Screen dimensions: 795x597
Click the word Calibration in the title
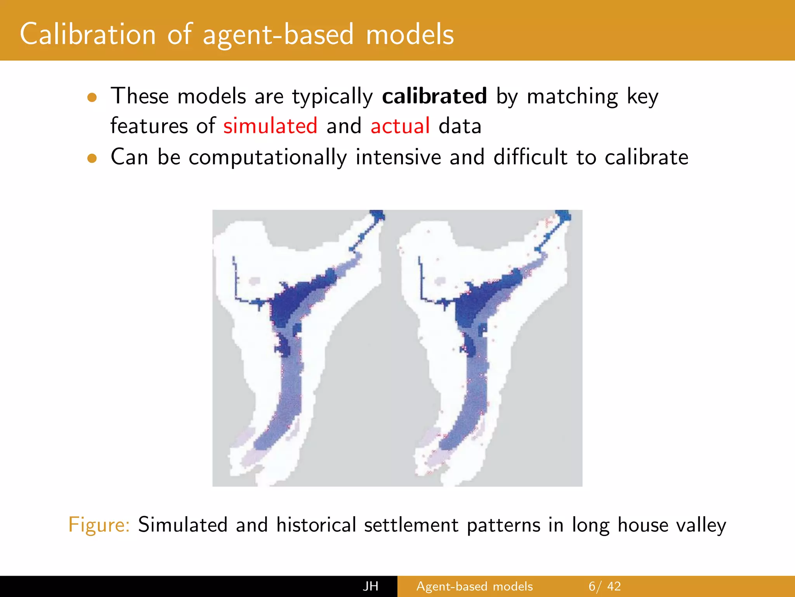[88, 34]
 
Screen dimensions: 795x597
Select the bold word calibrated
[434, 96]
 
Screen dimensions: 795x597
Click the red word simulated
[270, 126]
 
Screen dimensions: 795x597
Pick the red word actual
[400, 126]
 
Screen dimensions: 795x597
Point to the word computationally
[267, 157]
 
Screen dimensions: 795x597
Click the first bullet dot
[92, 98]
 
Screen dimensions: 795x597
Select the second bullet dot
[92, 158]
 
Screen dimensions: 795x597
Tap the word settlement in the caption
[411, 525]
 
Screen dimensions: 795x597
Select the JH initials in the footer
[371, 586]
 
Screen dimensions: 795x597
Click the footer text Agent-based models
[474, 586]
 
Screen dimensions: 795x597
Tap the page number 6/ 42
[604, 586]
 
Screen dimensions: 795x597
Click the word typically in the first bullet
[332, 97]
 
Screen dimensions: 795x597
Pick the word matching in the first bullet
[572, 97]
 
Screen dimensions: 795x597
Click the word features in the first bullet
[149, 126]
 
